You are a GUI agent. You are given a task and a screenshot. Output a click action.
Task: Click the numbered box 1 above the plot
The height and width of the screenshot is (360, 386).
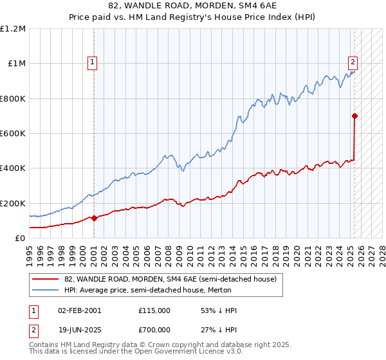click(93, 62)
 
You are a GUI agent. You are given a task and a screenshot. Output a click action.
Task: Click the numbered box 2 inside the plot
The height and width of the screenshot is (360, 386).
click(353, 62)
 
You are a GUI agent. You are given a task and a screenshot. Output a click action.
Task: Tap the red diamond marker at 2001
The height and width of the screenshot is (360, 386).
click(94, 218)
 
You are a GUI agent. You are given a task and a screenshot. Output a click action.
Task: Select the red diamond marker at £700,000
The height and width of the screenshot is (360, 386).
click(354, 116)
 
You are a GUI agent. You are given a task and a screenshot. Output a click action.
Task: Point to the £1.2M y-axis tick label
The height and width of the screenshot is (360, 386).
click(13, 29)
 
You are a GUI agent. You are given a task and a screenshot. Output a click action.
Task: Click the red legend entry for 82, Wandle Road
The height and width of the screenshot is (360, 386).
click(170, 279)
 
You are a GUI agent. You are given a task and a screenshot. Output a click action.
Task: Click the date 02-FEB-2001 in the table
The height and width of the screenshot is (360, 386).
click(80, 310)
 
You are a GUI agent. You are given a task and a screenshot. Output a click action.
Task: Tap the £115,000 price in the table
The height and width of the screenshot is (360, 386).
click(154, 310)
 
